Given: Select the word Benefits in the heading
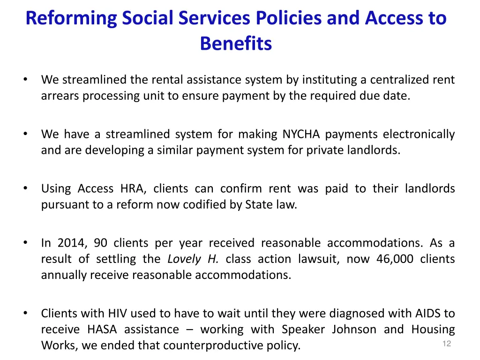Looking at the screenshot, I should (x=236, y=44).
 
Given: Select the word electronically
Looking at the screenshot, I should (x=419, y=134).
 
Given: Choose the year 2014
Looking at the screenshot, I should (x=70, y=243).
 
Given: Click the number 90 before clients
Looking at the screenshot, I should (x=100, y=243).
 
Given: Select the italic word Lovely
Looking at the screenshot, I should (x=183, y=259).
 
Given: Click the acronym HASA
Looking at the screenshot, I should (x=102, y=329).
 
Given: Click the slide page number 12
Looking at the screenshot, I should (x=446, y=344).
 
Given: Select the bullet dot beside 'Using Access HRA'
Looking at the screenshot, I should (x=25, y=188).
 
